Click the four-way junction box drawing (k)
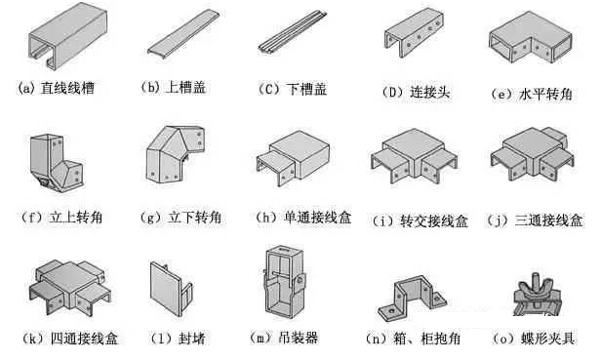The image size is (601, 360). (64, 288)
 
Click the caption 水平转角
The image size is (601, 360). (541, 95)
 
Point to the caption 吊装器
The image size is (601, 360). (297, 339)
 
